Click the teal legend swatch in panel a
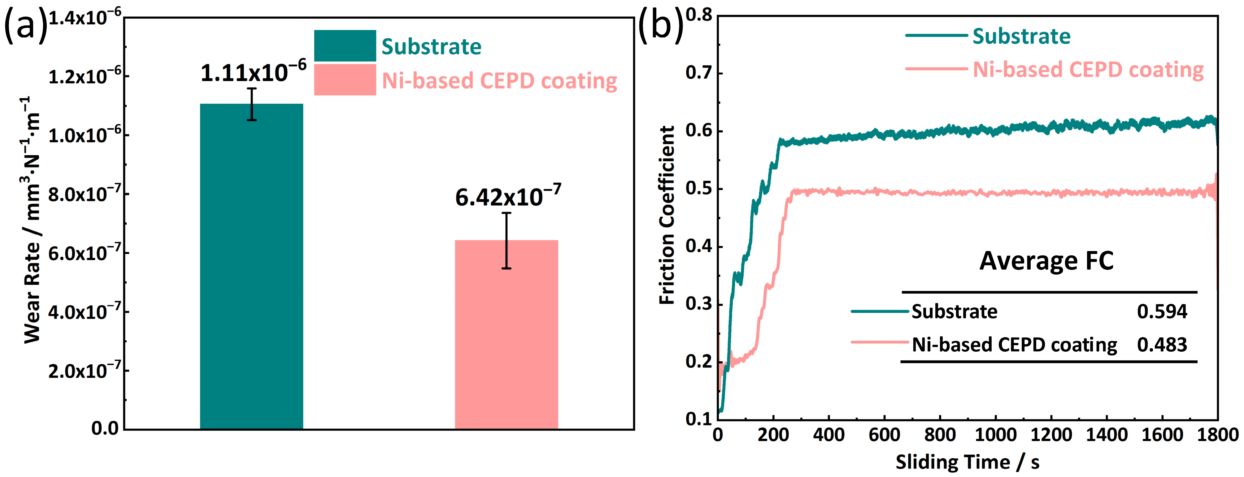click(x=345, y=46)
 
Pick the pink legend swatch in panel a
click(x=345, y=80)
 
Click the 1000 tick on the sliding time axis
click(x=995, y=435)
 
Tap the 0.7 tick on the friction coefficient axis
click(x=698, y=73)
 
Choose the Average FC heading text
click(x=1046, y=261)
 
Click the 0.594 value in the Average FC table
click(x=1162, y=311)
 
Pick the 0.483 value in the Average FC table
click(x=1162, y=345)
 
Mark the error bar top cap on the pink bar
click(x=506, y=213)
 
